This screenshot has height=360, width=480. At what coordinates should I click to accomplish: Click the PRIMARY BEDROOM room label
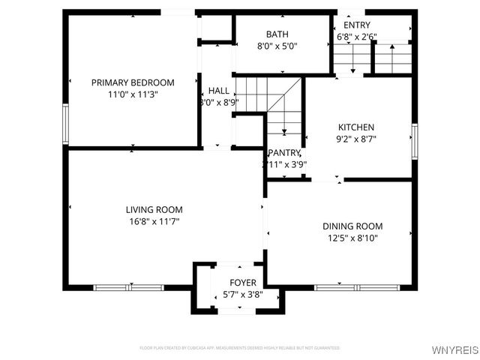tap(133, 82)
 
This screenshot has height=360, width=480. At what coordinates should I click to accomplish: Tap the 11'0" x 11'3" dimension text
tap(133, 94)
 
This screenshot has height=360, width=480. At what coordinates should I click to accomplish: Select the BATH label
tap(277, 34)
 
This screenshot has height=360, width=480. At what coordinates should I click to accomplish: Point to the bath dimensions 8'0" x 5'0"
tap(277, 46)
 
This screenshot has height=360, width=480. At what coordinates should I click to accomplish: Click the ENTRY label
tap(357, 25)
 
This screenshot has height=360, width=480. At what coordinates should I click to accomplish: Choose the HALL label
tap(219, 90)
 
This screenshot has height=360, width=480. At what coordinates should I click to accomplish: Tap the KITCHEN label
tap(355, 127)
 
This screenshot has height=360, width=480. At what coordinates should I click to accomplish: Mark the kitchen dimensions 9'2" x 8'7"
tap(355, 139)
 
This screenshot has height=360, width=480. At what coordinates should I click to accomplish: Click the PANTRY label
tap(284, 152)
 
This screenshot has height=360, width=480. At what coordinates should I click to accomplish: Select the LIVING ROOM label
tap(154, 209)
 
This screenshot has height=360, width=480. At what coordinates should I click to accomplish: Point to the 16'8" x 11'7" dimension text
tap(154, 221)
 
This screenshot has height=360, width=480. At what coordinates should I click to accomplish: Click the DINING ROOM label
tap(352, 226)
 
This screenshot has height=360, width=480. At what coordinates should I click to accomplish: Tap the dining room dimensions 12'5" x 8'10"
tap(352, 238)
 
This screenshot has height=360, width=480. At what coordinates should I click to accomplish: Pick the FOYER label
tap(243, 283)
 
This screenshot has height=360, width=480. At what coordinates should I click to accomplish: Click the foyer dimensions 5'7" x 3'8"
tap(243, 295)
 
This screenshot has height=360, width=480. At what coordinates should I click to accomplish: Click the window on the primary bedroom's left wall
tap(66, 124)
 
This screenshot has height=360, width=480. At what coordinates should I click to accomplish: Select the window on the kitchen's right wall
tap(414, 141)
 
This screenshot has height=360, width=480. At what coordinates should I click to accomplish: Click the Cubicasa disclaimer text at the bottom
tap(240, 348)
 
